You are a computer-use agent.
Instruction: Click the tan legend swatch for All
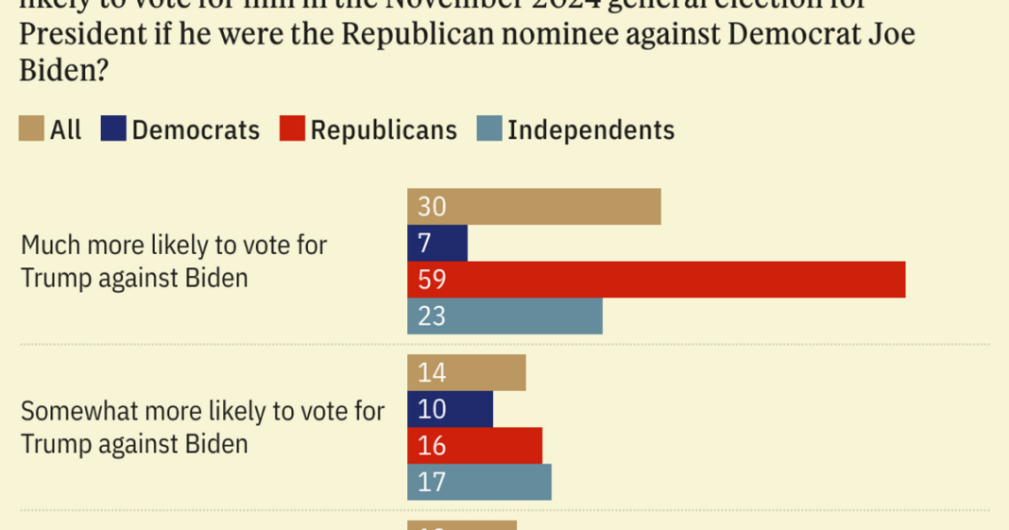[x=31, y=129]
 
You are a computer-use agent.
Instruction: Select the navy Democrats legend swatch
[x=113, y=129]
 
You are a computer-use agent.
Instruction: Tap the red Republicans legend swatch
[x=292, y=129]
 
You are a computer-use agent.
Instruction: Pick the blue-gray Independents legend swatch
[x=489, y=129]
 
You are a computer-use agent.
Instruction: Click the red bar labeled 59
[x=656, y=280]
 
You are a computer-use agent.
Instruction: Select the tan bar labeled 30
[x=534, y=207]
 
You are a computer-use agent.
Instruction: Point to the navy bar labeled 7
[x=437, y=243]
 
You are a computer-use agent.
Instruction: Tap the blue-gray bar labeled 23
[x=504, y=316]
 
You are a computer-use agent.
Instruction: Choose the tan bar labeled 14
[x=466, y=372]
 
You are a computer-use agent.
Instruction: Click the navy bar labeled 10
[x=450, y=409]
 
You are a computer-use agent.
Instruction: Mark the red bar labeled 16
[x=474, y=445]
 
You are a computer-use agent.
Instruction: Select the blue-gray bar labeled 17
[x=479, y=482]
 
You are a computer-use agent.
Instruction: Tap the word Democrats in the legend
[x=196, y=130]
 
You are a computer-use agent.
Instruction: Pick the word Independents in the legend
[x=591, y=130]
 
